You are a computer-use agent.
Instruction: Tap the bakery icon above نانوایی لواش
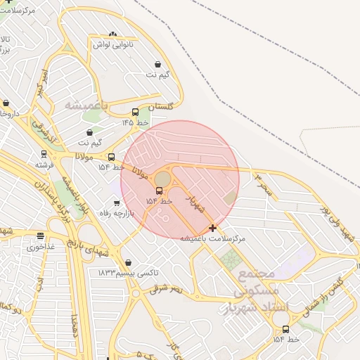(x=114, y=34)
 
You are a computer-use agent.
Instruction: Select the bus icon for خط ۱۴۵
(x=135, y=112)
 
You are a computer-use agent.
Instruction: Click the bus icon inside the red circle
(x=159, y=191)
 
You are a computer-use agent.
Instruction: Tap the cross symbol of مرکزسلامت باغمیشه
(x=213, y=228)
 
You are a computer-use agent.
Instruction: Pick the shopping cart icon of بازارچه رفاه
(x=117, y=203)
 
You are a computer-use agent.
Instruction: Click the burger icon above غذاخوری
(x=40, y=236)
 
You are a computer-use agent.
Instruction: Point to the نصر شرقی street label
(x=166, y=288)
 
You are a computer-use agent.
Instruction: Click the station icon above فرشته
(x=44, y=153)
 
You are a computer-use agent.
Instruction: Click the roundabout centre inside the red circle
(x=162, y=179)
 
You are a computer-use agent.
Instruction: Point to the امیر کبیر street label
(x=44, y=83)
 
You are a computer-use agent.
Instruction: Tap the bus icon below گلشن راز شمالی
(x=285, y=329)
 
